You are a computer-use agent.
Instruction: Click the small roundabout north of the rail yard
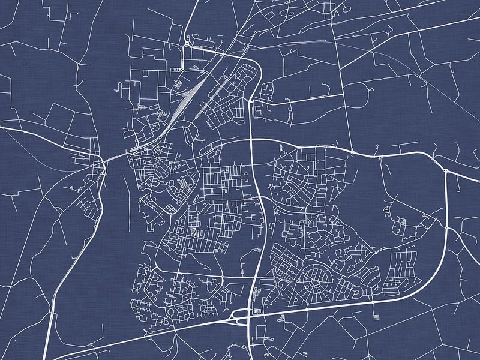point(187,44)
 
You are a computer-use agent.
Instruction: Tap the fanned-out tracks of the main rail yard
point(183,96)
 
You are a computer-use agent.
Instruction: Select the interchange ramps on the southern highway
point(243,318)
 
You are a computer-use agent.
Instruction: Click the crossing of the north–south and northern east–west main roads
point(251,140)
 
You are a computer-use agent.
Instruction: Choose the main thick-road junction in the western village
point(104,160)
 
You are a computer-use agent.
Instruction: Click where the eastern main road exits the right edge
point(478,179)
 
